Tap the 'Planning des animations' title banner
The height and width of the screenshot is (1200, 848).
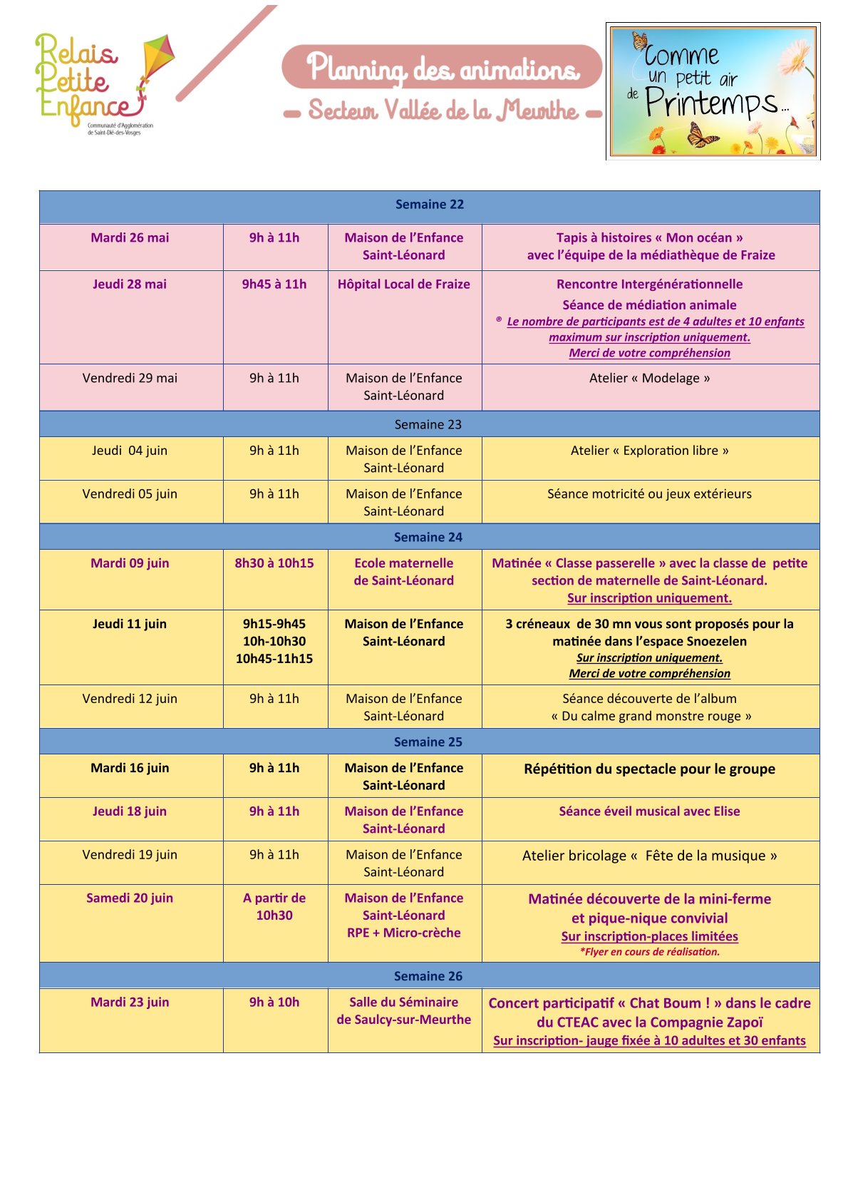pyautogui.click(x=442, y=68)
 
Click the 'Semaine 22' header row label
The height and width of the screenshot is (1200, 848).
pyautogui.click(x=429, y=205)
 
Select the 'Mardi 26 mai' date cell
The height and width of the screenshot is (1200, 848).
pyautogui.click(x=130, y=238)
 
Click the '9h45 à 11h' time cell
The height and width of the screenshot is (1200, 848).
pyautogui.click(x=274, y=284)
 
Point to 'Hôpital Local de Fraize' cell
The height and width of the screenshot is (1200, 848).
pyautogui.click(x=403, y=284)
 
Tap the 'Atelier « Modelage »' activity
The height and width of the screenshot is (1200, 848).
pyautogui.click(x=649, y=379)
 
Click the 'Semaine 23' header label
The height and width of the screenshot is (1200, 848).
pyautogui.click(x=428, y=425)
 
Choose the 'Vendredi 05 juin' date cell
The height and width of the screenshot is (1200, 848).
pyautogui.click(x=130, y=494)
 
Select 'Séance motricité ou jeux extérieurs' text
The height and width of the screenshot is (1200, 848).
pyautogui.click(x=649, y=494)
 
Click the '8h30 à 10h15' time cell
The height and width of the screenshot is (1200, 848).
pyautogui.click(x=274, y=563)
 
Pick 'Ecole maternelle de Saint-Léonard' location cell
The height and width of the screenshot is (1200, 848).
pyautogui.click(x=403, y=572)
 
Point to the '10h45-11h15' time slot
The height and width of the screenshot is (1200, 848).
pyautogui.click(x=274, y=659)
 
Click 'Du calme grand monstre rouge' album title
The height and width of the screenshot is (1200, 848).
pyautogui.click(x=651, y=717)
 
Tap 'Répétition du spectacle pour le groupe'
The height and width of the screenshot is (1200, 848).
pyautogui.click(x=649, y=769)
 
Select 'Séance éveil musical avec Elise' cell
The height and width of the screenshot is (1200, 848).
pyautogui.click(x=649, y=811)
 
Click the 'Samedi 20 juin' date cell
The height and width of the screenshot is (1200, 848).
pyautogui.click(x=130, y=898)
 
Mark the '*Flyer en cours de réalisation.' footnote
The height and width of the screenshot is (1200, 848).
pyautogui.click(x=649, y=952)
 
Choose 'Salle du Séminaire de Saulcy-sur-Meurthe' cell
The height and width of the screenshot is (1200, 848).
pyautogui.click(x=403, y=1011)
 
